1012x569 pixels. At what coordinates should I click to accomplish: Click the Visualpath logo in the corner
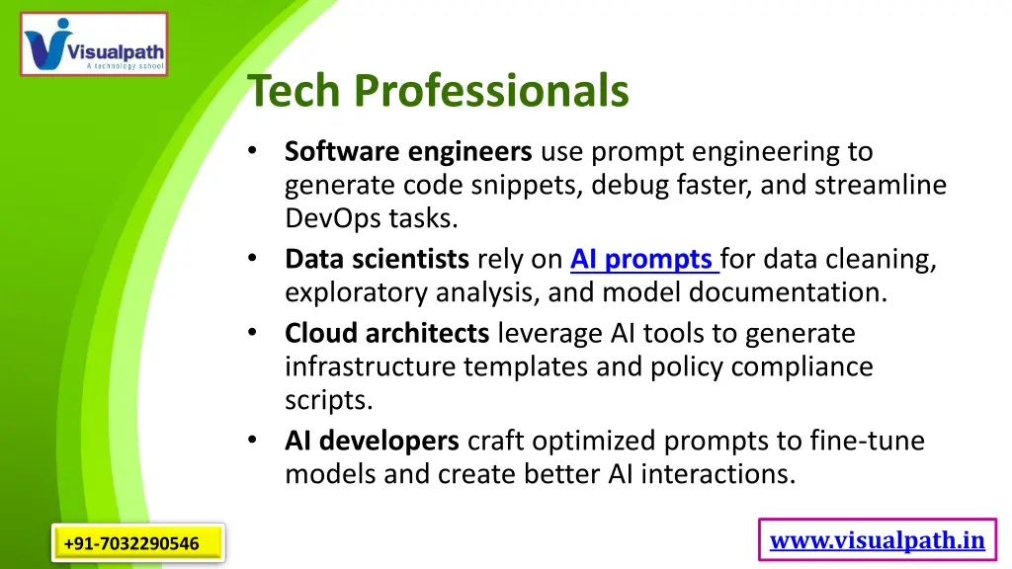click(94, 44)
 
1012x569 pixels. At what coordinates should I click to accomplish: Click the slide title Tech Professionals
click(438, 91)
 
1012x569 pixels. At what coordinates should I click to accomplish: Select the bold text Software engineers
click(408, 152)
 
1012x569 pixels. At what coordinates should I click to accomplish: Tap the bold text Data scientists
click(377, 259)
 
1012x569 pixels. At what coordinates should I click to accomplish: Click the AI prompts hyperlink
click(643, 259)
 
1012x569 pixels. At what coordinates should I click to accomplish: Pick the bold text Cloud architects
click(386, 333)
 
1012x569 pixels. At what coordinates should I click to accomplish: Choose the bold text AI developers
click(372, 440)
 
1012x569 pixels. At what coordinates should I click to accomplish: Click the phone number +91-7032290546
click(131, 543)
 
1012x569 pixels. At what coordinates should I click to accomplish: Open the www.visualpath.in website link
click(877, 540)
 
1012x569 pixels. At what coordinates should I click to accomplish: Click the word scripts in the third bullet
click(327, 400)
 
